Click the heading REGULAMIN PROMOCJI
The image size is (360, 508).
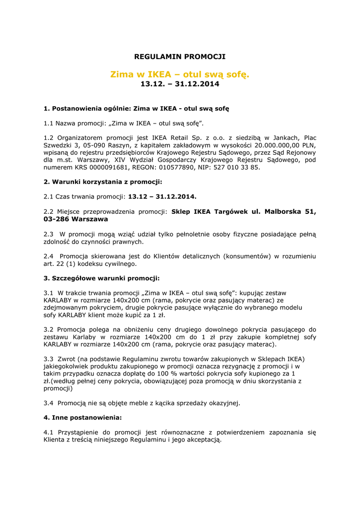pos(180,57)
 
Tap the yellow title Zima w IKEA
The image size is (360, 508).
pos(180,74)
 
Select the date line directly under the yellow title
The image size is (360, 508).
pos(180,84)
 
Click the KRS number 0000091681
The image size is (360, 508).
pos(96,167)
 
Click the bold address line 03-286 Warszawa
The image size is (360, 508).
pos(75,219)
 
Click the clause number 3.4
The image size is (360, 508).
pos(49,403)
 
